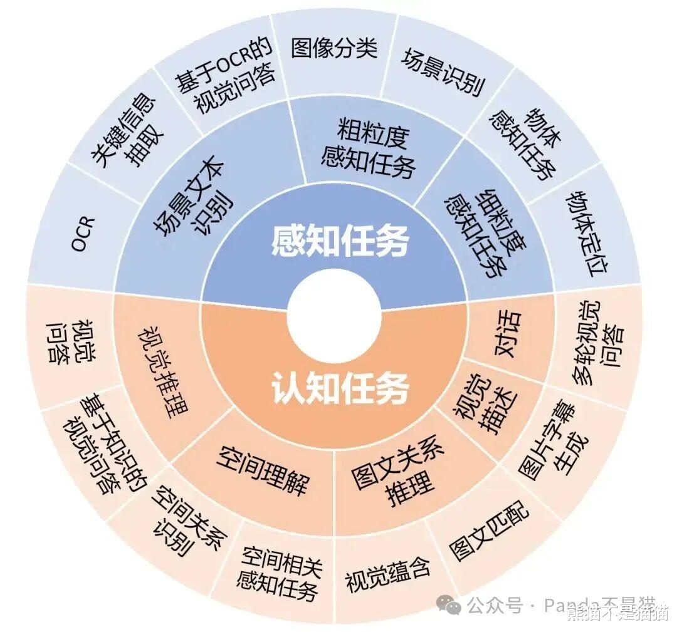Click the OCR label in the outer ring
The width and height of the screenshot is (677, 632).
click(82, 232)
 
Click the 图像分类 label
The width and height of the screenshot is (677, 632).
click(334, 48)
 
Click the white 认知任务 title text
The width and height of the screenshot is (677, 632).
click(340, 388)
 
